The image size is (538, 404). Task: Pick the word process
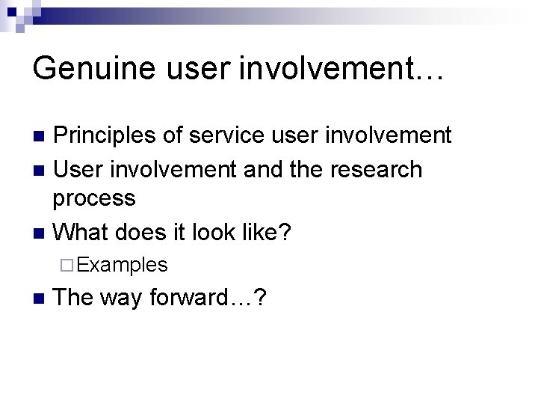(94, 198)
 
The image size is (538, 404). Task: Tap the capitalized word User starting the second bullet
(81, 170)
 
